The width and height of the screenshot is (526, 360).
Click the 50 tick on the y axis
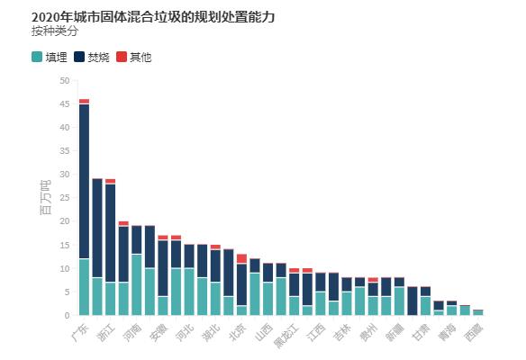pos(64,81)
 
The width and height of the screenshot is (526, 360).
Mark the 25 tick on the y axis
pos(64,198)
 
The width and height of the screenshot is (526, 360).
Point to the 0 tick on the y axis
pos(67,316)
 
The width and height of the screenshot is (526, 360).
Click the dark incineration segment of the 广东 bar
pos(84,180)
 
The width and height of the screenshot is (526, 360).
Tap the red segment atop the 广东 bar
pos(84,101)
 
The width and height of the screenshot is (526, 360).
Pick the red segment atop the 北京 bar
pos(241,258)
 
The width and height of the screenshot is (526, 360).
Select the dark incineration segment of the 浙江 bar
pos(110,234)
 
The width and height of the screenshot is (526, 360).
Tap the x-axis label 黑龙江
pos(284,336)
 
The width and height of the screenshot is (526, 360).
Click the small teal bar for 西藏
pos(478,312)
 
